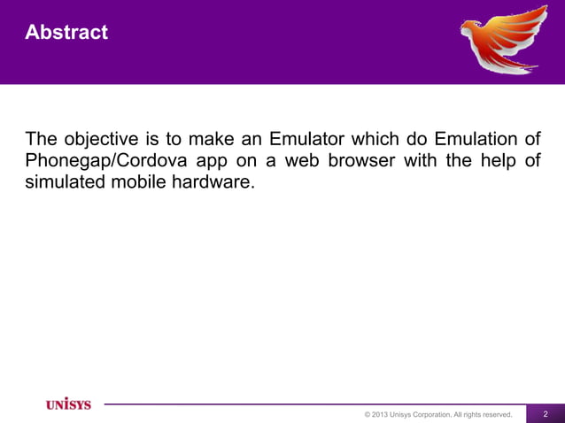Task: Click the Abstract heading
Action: pos(66,33)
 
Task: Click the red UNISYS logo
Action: pos(68,404)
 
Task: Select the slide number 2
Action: pos(546,414)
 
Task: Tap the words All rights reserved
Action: pos(484,414)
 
